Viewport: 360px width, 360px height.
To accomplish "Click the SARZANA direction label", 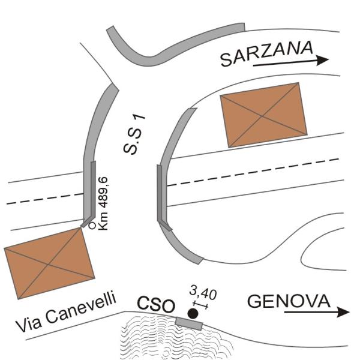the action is click(267, 53).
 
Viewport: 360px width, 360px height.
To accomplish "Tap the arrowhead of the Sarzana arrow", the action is click(323, 60).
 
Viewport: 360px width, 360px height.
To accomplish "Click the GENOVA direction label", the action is click(289, 301).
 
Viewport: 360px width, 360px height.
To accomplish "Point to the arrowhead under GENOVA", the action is click(343, 312).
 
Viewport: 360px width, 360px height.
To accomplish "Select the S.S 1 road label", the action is click(134, 135).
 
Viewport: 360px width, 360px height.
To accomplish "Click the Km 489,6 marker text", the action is click(103, 203).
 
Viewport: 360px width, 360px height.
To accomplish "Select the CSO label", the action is click(156, 305).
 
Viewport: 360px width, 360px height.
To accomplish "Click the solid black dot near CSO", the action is click(193, 314).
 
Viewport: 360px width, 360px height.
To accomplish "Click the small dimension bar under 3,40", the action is click(200, 305).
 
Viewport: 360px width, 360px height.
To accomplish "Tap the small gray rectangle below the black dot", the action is click(189, 323).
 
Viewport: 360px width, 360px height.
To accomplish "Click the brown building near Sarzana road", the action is click(263, 115).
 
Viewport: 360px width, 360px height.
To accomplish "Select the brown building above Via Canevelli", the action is click(49, 263).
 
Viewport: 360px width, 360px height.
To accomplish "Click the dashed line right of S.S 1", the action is click(253, 172).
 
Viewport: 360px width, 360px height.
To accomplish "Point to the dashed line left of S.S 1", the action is click(45, 199).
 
